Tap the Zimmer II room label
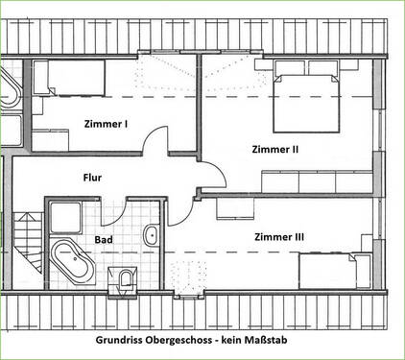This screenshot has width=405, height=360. (x=275, y=150)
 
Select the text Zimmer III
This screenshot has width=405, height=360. (x=280, y=235)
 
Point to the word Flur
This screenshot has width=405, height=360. (x=92, y=177)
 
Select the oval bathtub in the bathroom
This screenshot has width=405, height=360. (x=72, y=260)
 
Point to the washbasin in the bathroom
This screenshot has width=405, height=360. (x=151, y=235)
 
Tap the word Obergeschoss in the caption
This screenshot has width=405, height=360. (x=188, y=340)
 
